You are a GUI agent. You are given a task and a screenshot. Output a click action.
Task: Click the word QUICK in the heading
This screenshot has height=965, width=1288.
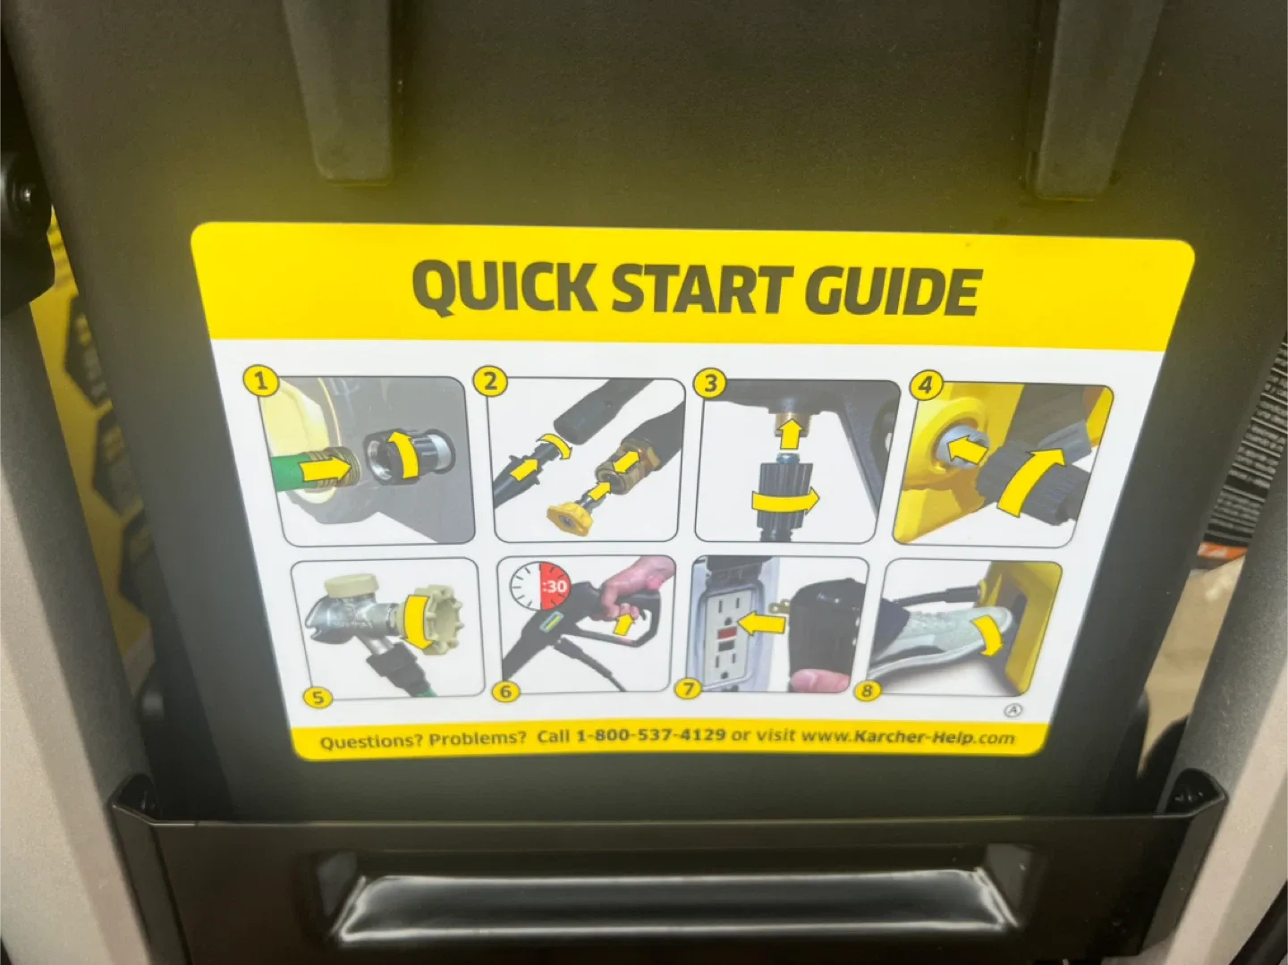503,287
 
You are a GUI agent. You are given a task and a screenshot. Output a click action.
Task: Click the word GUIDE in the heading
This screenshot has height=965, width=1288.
892,291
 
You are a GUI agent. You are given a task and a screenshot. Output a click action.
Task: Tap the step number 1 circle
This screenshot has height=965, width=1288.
261,382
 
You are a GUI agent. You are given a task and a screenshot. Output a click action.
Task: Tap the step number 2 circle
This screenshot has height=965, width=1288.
489,382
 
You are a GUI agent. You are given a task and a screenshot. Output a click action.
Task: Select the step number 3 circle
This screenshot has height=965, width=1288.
710,384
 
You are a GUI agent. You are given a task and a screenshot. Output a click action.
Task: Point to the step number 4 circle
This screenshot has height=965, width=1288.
925,386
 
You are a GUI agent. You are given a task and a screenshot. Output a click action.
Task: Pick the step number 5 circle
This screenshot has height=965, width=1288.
318,698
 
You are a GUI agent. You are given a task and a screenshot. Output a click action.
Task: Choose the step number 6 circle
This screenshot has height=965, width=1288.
505,691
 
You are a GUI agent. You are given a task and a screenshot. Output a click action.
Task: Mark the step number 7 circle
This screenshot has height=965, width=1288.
688,689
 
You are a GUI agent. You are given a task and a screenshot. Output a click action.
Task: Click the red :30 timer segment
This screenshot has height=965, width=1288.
555,587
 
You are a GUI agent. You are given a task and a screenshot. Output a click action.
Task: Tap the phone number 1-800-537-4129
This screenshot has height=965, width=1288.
649,735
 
